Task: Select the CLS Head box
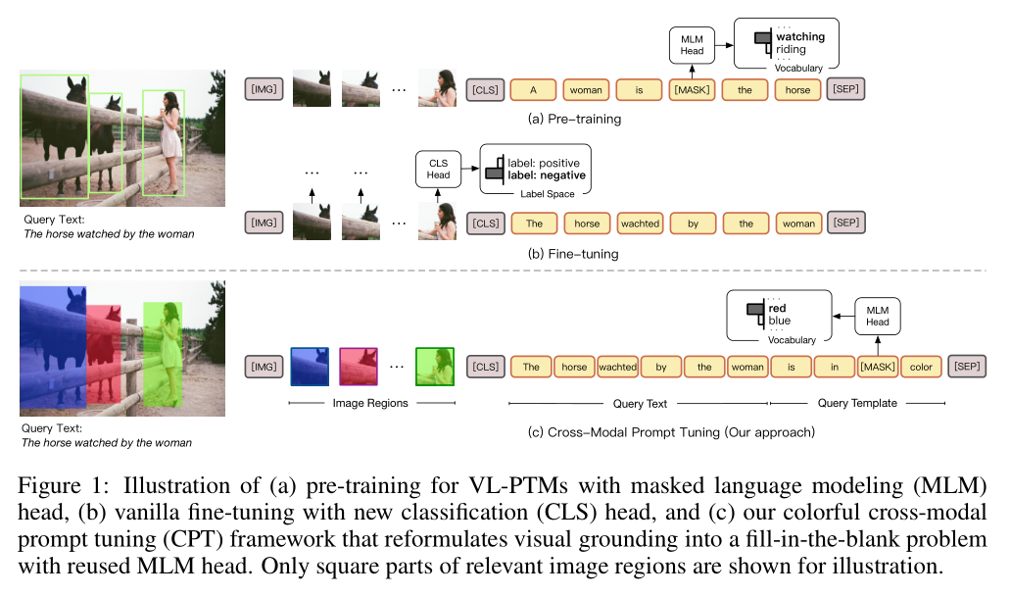pyautogui.click(x=438, y=169)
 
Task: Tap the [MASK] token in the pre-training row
pyautogui.click(x=692, y=90)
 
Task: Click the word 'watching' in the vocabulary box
pyautogui.click(x=800, y=37)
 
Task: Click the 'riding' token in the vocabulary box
pyautogui.click(x=791, y=50)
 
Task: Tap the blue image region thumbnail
pyautogui.click(x=310, y=367)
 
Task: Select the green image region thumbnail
pyautogui.click(x=435, y=367)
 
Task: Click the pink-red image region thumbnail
pyautogui.click(x=359, y=367)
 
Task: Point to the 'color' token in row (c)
pyautogui.click(x=921, y=368)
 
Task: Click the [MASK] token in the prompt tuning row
pyautogui.click(x=877, y=368)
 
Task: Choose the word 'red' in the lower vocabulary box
pyautogui.click(x=778, y=308)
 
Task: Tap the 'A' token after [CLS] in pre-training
pyautogui.click(x=533, y=90)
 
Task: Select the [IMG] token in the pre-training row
pyautogui.click(x=265, y=90)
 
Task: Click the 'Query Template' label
pyautogui.click(x=857, y=403)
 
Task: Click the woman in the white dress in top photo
pyautogui.click(x=170, y=137)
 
